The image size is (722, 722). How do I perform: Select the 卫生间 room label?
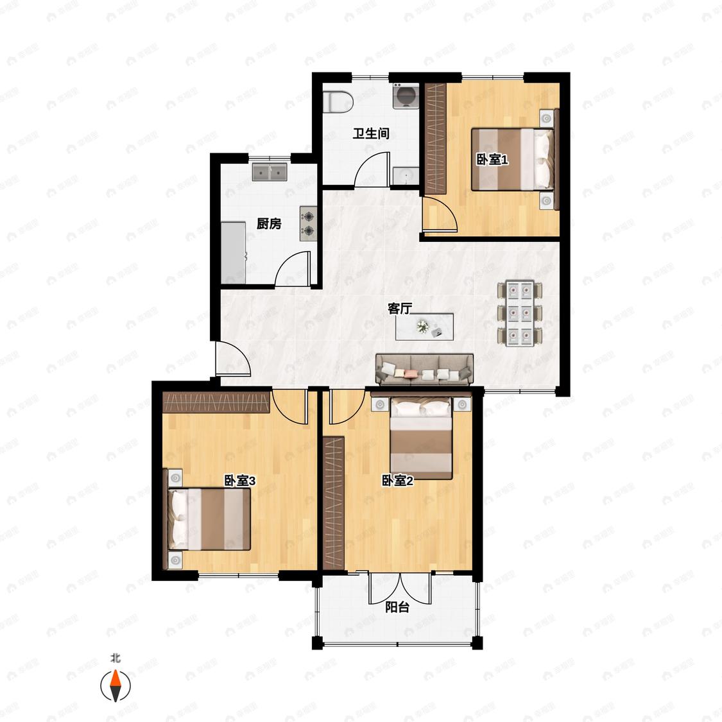click(371, 133)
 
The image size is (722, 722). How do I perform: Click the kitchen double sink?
click(270, 172)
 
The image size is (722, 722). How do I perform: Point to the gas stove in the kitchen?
click(309, 223)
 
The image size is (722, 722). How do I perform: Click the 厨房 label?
click(269, 224)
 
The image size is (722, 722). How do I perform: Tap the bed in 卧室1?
click(513, 159)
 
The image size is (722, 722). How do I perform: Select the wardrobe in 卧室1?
click(436, 138)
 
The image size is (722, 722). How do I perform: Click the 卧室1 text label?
click(492, 160)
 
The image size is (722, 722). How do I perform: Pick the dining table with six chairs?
click(519, 313)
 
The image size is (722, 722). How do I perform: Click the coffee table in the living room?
click(424, 327)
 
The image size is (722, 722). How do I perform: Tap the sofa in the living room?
click(425, 369)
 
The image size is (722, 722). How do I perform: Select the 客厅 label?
click(399, 309)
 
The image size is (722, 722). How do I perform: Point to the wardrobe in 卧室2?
click(334, 503)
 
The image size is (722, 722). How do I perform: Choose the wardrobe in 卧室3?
click(216, 402)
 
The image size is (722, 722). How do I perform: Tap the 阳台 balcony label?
click(397, 607)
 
